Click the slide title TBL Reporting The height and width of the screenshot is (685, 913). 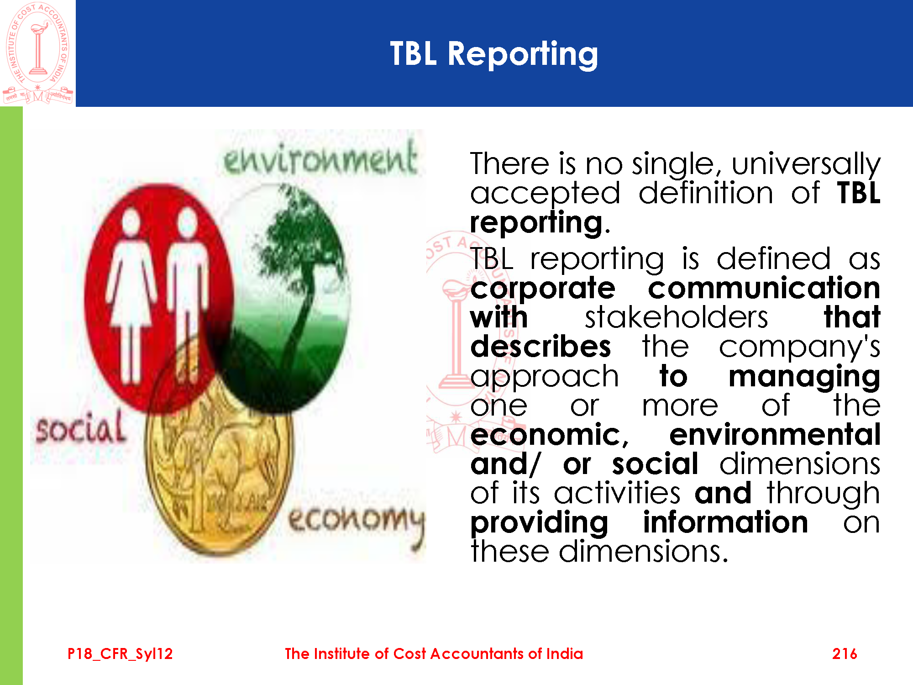tap(494, 54)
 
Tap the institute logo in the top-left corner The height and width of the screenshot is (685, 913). tap(38, 53)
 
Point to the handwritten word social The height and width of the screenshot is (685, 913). tap(81, 427)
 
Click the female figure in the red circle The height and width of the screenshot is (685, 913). tap(131, 297)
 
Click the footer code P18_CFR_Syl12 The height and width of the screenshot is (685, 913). tap(120, 654)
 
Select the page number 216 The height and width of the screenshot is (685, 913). tap(845, 654)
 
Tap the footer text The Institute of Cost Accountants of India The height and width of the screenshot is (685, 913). tap(434, 654)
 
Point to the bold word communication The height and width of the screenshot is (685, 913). tap(764, 288)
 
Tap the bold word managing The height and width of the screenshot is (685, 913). tap(804, 377)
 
